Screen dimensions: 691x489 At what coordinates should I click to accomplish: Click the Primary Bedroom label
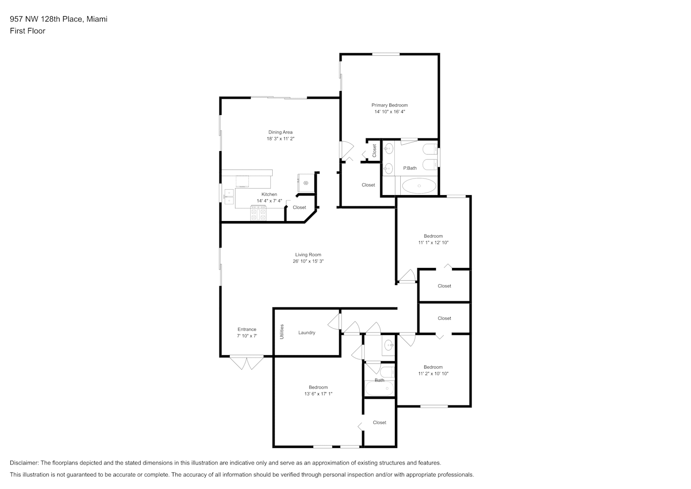(x=389, y=105)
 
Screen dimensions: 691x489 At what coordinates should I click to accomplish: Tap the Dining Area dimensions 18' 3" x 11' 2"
(x=281, y=138)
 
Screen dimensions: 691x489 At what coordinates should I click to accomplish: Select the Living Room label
(x=308, y=254)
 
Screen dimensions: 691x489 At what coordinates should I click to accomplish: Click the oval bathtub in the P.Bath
(x=419, y=186)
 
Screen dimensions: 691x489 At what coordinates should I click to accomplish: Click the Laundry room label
(x=306, y=333)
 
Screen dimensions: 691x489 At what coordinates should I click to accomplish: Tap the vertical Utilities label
(x=281, y=332)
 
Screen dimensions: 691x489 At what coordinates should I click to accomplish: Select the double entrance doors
(x=247, y=363)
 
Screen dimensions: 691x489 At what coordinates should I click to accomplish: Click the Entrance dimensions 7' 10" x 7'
(x=247, y=335)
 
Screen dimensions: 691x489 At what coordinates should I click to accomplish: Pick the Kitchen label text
(x=269, y=194)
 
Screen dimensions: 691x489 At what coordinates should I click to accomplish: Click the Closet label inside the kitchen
(x=299, y=207)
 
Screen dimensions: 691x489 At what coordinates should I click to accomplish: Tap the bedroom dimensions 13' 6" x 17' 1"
(x=318, y=394)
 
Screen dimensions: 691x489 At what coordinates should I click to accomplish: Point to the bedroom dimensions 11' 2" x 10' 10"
(x=433, y=373)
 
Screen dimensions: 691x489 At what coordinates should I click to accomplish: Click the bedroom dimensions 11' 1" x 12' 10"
(x=433, y=243)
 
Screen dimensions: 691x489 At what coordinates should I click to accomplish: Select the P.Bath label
(x=410, y=168)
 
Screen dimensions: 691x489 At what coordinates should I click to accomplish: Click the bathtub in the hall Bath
(x=379, y=388)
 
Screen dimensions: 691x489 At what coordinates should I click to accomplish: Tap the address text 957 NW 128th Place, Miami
(x=59, y=19)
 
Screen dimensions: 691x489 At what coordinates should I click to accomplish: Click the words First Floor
(x=27, y=31)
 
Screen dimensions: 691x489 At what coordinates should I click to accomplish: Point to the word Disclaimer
(x=24, y=463)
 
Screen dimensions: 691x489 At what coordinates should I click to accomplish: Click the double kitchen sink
(x=229, y=197)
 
